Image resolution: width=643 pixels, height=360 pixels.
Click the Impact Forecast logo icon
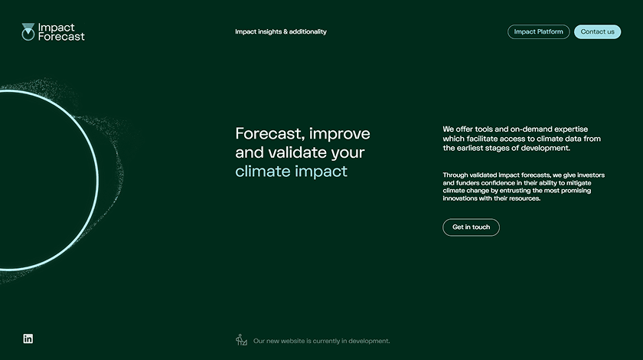[28, 31]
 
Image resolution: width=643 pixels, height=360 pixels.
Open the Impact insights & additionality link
[280, 31]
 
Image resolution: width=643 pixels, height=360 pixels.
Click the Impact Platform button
[538, 32]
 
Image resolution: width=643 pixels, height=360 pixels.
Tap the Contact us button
[597, 32]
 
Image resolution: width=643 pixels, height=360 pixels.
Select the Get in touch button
[471, 227]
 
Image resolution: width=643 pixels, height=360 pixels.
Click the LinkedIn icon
[28, 339]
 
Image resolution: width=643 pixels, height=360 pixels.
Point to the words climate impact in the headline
[291, 171]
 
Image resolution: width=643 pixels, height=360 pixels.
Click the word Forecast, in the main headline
[268, 133]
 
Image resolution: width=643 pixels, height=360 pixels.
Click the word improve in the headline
[339, 133]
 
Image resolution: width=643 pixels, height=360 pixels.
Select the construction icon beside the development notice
[242, 340]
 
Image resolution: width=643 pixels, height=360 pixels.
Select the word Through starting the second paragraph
[456, 175]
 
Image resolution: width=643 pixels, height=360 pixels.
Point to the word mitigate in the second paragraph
[578, 182]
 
